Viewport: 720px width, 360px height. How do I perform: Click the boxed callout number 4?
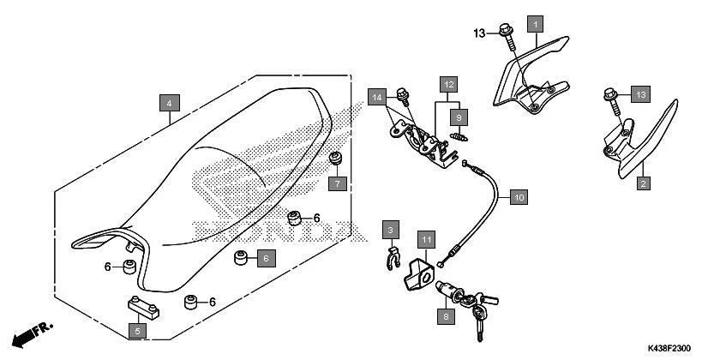point(170,104)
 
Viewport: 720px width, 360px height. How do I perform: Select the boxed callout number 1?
point(534,25)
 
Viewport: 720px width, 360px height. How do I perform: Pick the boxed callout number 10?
point(519,197)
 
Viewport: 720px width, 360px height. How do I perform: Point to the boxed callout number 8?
point(445,316)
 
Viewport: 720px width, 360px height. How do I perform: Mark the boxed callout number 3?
point(390,230)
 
